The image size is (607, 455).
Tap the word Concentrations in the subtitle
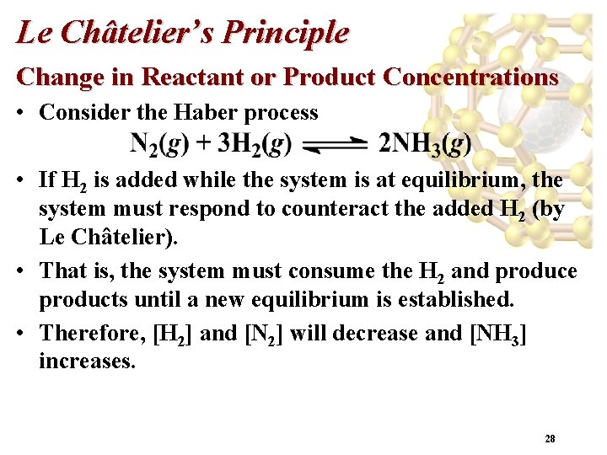coord(470,77)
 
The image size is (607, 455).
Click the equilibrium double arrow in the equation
coord(336,147)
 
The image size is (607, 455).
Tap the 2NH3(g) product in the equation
coord(425,145)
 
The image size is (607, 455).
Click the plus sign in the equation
coord(202,145)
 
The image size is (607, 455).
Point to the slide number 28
coord(550,438)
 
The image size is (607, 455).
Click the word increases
coord(87,362)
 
